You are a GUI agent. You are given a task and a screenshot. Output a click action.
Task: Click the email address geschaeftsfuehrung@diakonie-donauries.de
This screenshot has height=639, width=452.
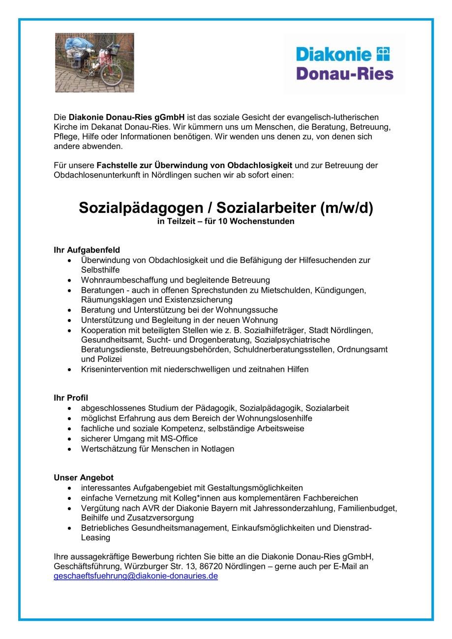pos(136,576)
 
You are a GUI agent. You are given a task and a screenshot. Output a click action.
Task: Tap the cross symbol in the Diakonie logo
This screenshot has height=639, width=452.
pos(383,54)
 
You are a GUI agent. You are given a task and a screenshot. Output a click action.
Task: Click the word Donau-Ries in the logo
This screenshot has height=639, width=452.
pos(345,73)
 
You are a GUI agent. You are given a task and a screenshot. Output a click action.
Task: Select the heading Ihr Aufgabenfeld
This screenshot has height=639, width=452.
pos(87,250)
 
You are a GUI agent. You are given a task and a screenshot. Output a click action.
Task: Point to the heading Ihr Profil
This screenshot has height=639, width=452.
pos(71,398)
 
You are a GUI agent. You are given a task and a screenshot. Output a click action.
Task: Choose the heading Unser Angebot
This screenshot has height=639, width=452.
pos(84,478)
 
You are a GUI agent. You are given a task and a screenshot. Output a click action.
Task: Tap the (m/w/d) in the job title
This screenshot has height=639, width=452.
pos(347,208)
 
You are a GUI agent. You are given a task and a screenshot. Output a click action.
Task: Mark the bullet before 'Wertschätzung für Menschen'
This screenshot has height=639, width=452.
pos(70,449)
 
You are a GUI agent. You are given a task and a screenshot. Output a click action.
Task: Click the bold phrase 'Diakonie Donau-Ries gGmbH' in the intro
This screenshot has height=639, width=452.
pos(126,117)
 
